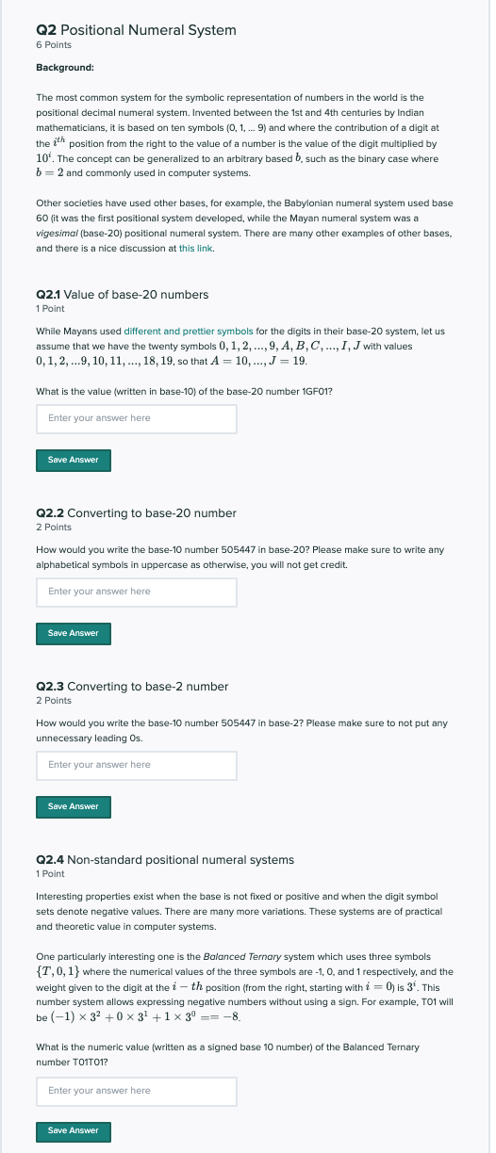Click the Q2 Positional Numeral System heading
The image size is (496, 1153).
tap(136, 30)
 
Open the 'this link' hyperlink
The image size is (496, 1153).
tap(196, 248)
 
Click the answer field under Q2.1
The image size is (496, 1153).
tap(136, 418)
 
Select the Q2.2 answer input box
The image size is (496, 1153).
tap(136, 592)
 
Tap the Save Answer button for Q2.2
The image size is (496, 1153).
tap(74, 633)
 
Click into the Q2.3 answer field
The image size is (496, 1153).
tap(136, 765)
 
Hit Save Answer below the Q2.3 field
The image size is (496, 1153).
tap(74, 806)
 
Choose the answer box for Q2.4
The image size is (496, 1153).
tap(136, 1091)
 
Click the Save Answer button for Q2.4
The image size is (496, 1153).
tap(74, 1129)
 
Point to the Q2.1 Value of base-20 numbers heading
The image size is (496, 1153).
tap(122, 295)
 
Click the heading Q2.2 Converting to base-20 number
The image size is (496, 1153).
tap(136, 513)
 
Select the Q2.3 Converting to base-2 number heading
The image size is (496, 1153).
tap(132, 687)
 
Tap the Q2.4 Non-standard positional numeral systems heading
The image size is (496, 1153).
tap(164, 860)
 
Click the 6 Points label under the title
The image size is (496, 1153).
tap(54, 45)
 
